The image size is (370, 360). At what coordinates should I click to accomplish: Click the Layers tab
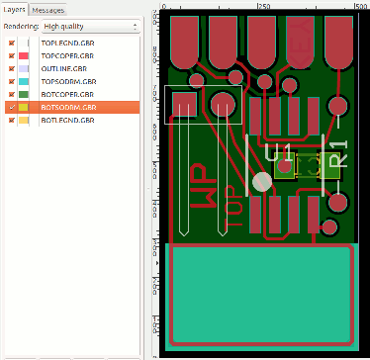click(16, 9)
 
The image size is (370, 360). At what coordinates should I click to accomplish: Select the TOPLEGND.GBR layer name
click(67, 45)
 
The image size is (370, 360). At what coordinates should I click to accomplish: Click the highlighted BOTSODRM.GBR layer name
click(68, 106)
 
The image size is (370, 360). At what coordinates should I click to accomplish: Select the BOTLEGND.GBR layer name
click(67, 120)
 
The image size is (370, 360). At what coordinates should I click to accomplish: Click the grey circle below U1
click(261, 181)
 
